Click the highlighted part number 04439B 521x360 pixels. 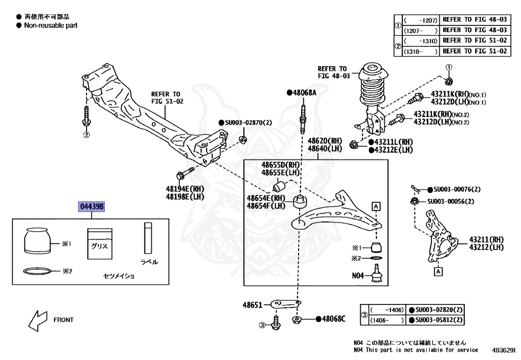click(x=92, y=206)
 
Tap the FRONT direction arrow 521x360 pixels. click(x=37, y=320)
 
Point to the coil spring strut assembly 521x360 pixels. click(x=373, y=96)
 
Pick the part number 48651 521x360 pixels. click(x=252, y=305)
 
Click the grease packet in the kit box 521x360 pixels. click(x=100, y=244)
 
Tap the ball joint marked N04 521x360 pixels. click(x=377, y=273)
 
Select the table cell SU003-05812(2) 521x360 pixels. click(x=436, y=320)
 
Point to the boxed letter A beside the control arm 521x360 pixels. click(x=376, y=206)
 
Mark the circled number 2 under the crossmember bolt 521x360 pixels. click(x=86, y=134)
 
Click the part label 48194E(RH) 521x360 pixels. click(x=185, y=189)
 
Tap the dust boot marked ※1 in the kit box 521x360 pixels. click(x=38, y=240)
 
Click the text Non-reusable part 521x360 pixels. click(x=50, y=25)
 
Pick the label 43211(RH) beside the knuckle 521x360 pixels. click(x=486, y=239)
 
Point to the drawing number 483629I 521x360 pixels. click(x=503, y=350)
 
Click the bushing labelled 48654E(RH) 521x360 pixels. click(x=300, y=201)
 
